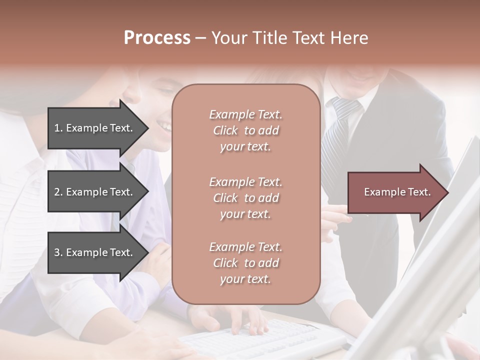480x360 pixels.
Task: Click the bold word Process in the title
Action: (157, 38)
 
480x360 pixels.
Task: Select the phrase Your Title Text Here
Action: (289, 38)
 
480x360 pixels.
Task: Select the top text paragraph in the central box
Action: (245, 130)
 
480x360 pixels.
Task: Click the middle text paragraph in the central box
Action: (245, 197)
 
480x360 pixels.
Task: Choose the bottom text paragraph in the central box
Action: (245, 263)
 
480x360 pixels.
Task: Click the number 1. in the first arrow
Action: (58, 128)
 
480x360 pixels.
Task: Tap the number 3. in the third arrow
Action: (58, 252)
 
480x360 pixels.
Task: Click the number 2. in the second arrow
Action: (58, 192)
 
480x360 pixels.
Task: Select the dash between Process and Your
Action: (200, 38)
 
